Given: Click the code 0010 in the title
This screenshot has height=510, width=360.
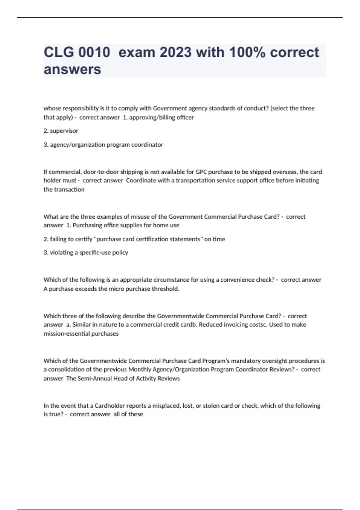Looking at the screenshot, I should click(x=94, y=52).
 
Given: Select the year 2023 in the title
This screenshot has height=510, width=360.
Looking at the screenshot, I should click(x=175, y=52).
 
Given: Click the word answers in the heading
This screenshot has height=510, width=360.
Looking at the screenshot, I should click(x=72, y=69).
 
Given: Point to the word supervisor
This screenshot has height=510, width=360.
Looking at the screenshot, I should click(x=64, y=131).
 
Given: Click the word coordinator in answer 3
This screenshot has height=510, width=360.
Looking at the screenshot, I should click(x=147, y=145).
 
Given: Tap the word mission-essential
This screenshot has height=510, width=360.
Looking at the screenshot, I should click(x=63, y=334).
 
